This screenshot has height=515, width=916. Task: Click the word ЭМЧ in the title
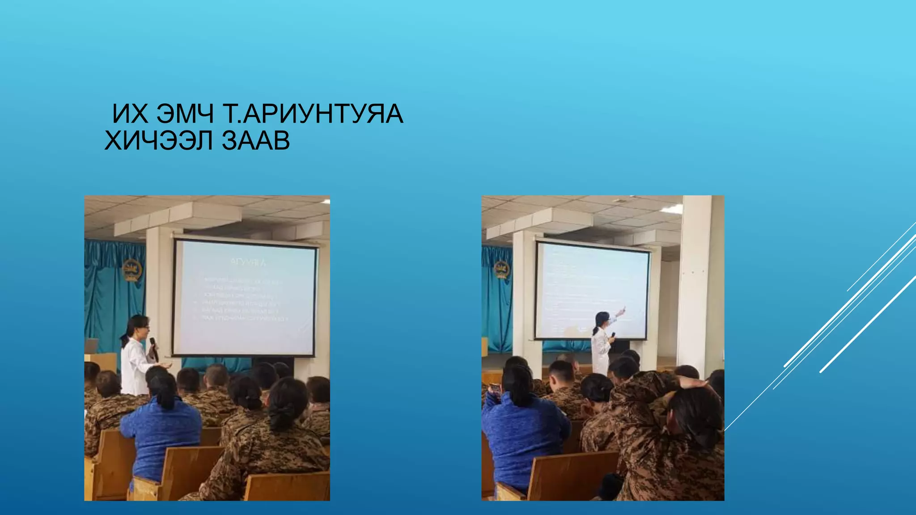185,114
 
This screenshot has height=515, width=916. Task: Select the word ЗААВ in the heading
256,141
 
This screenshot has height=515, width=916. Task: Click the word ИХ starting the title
130,114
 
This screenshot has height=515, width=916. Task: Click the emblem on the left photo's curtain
131,270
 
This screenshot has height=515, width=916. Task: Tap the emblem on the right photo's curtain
502,270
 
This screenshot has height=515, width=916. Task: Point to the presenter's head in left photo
139,326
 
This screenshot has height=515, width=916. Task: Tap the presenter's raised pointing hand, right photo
622,310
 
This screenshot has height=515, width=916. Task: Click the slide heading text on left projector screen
248,262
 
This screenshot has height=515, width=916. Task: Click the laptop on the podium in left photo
92,346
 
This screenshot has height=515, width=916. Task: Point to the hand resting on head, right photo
691,382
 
